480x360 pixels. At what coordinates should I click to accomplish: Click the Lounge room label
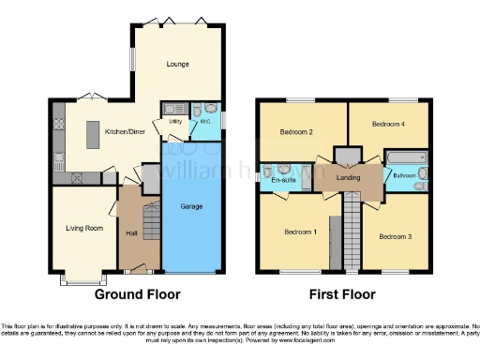pyautogui.click(x=177, y=65)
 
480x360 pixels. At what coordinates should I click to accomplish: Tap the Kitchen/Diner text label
pyautogui.click(x=123, y=132)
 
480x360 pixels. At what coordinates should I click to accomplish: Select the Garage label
pyautogui.click(x=193, y=207)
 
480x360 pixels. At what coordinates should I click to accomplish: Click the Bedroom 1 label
pyautogui.click(x=301, y=232)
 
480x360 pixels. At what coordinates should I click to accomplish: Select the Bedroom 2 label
pyautogui.click(x=296, y=131)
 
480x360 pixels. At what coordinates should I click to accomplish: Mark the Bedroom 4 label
pyautogui.click(x=387, y=124)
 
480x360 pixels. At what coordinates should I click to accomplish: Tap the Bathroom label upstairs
pyautogui.click(x=405, y=175)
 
